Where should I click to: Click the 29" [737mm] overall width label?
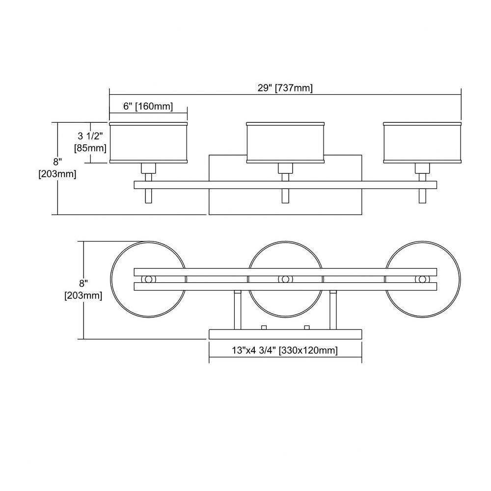[285, 88]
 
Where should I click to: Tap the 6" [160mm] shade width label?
[148, 106]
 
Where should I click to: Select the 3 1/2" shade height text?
[90, 136]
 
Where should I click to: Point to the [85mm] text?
[90, 148]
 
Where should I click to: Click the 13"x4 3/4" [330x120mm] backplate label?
[285, 350]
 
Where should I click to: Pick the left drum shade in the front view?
[148, 143]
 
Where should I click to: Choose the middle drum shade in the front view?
[285, 143]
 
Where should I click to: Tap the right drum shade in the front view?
[422, 143]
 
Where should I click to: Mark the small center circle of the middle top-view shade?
[285, 279]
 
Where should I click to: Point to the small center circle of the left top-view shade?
[148, 279]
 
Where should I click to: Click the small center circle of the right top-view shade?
[422, 279]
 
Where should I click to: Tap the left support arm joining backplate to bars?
[238, 310]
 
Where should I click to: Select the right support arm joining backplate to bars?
[333, 310]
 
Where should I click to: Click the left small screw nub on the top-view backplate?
[264, 327]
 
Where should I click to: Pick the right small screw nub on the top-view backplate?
[307, 327]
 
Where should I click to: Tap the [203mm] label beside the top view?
[83, 295]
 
